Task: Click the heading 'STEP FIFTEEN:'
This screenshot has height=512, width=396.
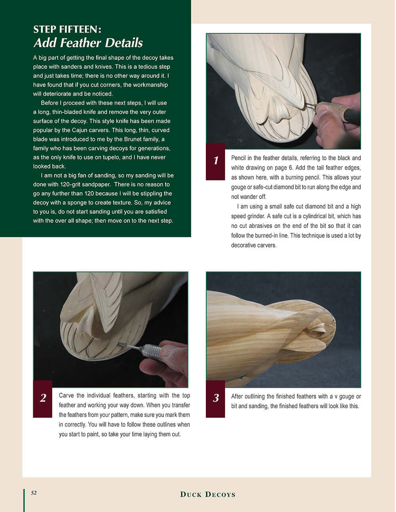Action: pyautogui.click(x=67, y=29)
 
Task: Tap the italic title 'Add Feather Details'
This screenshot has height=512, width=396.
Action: pyautogui.click(x=88, y=43)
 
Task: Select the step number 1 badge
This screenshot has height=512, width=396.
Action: pyautogui.click(x=215, y=161)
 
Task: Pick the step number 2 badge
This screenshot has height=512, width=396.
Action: pyautogui.click(x=43, y=398)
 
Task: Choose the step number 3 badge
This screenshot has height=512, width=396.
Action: pyautogui.click(x=215, y=398)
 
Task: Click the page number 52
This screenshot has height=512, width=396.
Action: pyautogui.click(x=34, y=493)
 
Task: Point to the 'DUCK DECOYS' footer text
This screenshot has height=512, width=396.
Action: pyautogui.click(x=208, y=494)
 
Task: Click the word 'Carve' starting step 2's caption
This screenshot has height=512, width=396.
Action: pyautogui.click(x=66, y=396)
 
